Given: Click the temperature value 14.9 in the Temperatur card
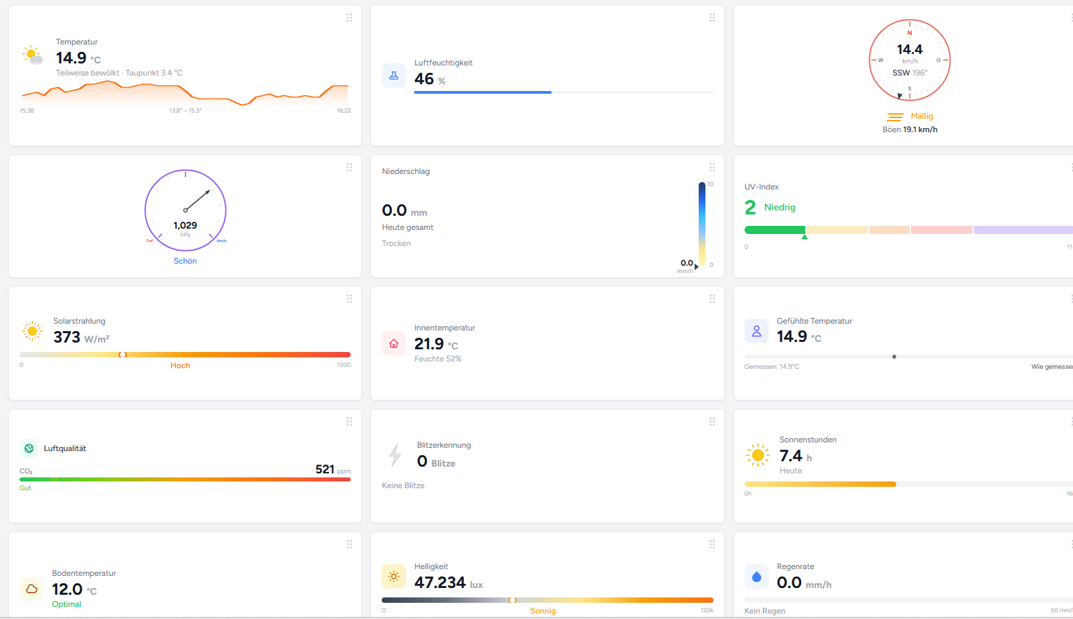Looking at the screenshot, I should pos(71,58).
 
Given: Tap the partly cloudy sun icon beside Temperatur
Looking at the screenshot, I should pos(32,55).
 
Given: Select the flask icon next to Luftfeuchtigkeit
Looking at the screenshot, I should pos(394,76).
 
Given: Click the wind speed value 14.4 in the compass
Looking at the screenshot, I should pos(909,49).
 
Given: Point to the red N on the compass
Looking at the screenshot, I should pos(909,33).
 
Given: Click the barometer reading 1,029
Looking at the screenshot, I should pos(185,225).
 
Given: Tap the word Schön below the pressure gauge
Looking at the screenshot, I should pos(185,261).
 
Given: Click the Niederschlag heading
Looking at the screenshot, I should pos(405,171).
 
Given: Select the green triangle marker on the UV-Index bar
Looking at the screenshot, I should pos(804,237).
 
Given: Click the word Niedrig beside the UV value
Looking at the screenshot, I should pos(780,207).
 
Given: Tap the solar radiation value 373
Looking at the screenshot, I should pos(67,337).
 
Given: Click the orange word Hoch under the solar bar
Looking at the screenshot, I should pos(180,365).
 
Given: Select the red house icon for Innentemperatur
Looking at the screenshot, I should pos(394,343).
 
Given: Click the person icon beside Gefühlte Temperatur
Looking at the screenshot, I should pos(756,331).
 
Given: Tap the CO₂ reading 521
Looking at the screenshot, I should pos(324,469).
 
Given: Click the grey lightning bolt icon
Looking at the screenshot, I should pos(395,455).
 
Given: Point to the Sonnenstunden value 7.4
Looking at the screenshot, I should pos(790,456).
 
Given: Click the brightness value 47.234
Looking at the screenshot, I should pos(440,583).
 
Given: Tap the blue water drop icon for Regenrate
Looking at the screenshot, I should pos(756,577).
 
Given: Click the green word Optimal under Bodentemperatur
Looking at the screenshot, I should pos(67,604).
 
